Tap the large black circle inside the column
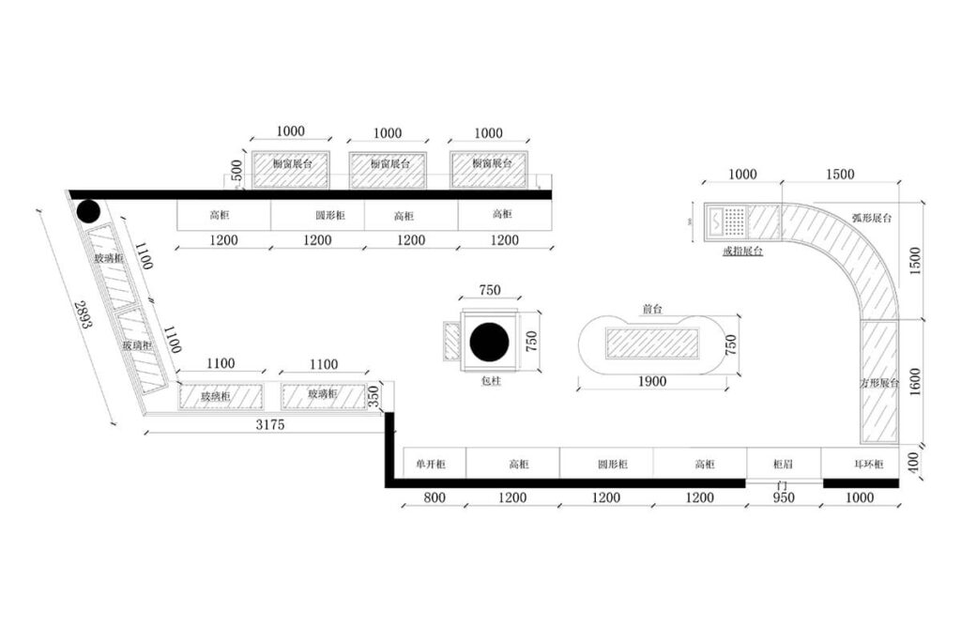[x=488, y=342]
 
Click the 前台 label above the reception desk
[x=652, y=308]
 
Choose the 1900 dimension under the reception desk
[x=651, y=381]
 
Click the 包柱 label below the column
[x=490, y=380]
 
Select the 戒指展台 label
[x=741, y=251]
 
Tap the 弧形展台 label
[x=871, y=218]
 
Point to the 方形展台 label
[x=880, y=383]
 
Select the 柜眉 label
[x=784, y=464]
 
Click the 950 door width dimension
[x=783, y=497]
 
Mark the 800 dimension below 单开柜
[x=435, y=497]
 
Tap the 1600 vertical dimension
[x=915, y=380]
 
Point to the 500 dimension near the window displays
[x=237, y=171]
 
